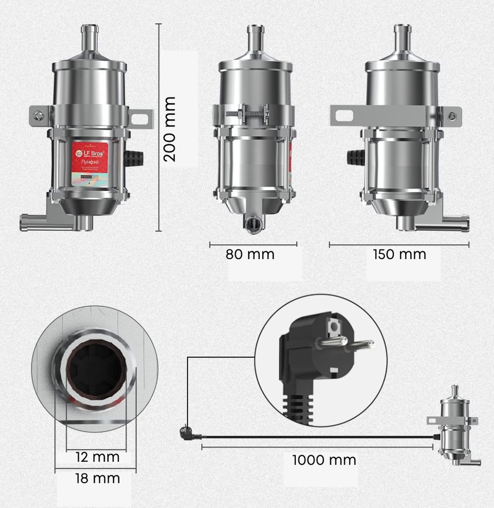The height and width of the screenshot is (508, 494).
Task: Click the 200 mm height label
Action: [x=170, y=129]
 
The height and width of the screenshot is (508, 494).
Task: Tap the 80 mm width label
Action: [x=250, y=254]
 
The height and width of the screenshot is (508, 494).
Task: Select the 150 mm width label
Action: [x=399, y=254]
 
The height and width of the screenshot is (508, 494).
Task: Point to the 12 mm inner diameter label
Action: [x=97, y=457]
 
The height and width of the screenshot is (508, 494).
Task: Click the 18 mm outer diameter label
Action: [x=97, y=479]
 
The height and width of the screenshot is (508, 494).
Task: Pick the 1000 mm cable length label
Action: [x=324, y=460]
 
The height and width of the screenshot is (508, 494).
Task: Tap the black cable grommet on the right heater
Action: [x=356, y=158]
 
